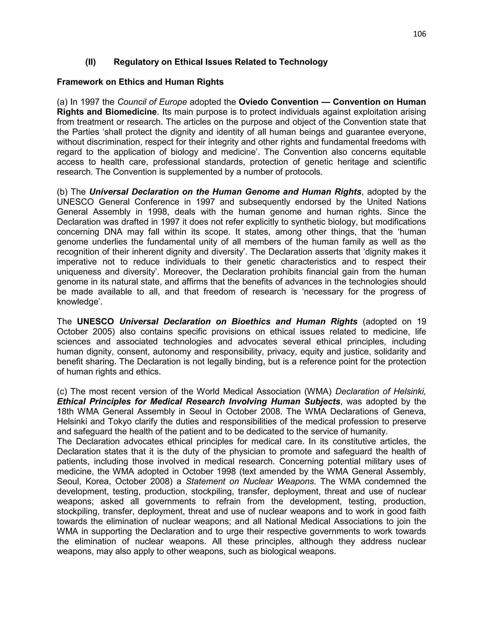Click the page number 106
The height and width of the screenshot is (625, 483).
pos(420,34)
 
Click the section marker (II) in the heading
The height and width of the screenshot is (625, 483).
pos(90,62)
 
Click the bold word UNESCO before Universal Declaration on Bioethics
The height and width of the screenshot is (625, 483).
pos(95,322)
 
